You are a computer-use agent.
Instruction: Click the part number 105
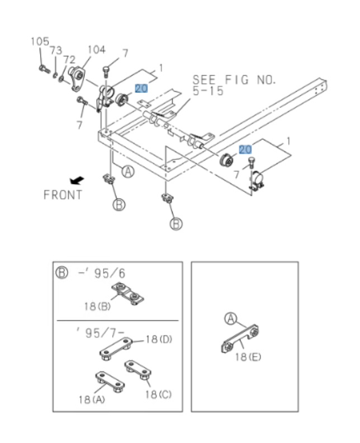click(x=40, y=41)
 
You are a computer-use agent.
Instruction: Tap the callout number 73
click(x=55, y=50)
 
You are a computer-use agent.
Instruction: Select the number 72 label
click(x=69, y=59)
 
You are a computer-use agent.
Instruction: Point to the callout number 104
click(x=96, y=49)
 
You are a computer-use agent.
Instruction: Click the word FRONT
click(x=63, y=195)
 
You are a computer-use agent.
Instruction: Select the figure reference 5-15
click(x=208, y=91)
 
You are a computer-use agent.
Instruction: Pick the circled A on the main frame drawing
click(x=129, y=172)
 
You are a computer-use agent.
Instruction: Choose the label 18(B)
click(x=97, y=306)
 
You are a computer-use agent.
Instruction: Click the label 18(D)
click(x=159, y=339)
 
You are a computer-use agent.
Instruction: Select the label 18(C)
click(x=158, y=394)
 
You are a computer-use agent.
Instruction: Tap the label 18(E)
click(x=248, y=356)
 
